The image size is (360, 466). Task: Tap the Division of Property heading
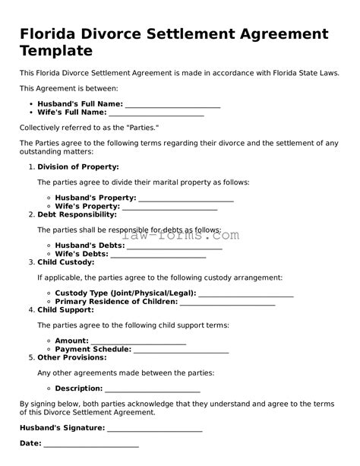tap(77, 166)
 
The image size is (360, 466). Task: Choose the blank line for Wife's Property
tap(169, 207)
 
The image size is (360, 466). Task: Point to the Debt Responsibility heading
tap(77, 214)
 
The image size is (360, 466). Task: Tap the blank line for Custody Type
tap(245, 293)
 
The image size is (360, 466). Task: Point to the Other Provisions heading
tap(72, 357)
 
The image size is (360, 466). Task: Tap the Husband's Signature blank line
tap(154, 428)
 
